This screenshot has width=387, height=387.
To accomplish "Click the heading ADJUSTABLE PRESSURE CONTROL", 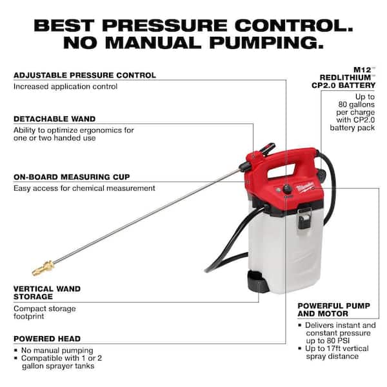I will click(x=84, y=75).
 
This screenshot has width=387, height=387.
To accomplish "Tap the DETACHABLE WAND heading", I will click(x=54, y=119).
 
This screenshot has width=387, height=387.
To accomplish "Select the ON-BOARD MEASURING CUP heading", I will click(x=72, y=177).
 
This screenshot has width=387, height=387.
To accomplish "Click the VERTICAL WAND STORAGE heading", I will click(x=43, y=292).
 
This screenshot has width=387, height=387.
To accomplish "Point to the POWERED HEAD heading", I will click(x=47, y=338).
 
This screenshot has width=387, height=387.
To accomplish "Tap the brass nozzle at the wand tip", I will click(x=43, y=267).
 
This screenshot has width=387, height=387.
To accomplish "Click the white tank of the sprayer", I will click(x=284, y=245).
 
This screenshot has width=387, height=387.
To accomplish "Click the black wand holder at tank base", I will click(x=256, y=282).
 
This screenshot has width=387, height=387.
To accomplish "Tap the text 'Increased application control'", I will click(x=65, y=86).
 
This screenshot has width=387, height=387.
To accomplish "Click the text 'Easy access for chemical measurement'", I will click(x=84, y=188).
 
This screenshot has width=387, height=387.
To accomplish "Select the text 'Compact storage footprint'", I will click(x=44, y=313).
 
